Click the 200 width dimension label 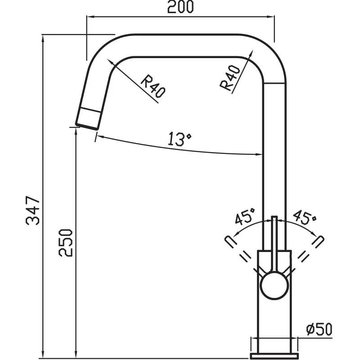tap(180, 7)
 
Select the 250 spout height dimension tap(66, 243)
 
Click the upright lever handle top tap(274, 220)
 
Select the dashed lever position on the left tap(228, 241)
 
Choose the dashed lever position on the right tap(319, 241)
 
